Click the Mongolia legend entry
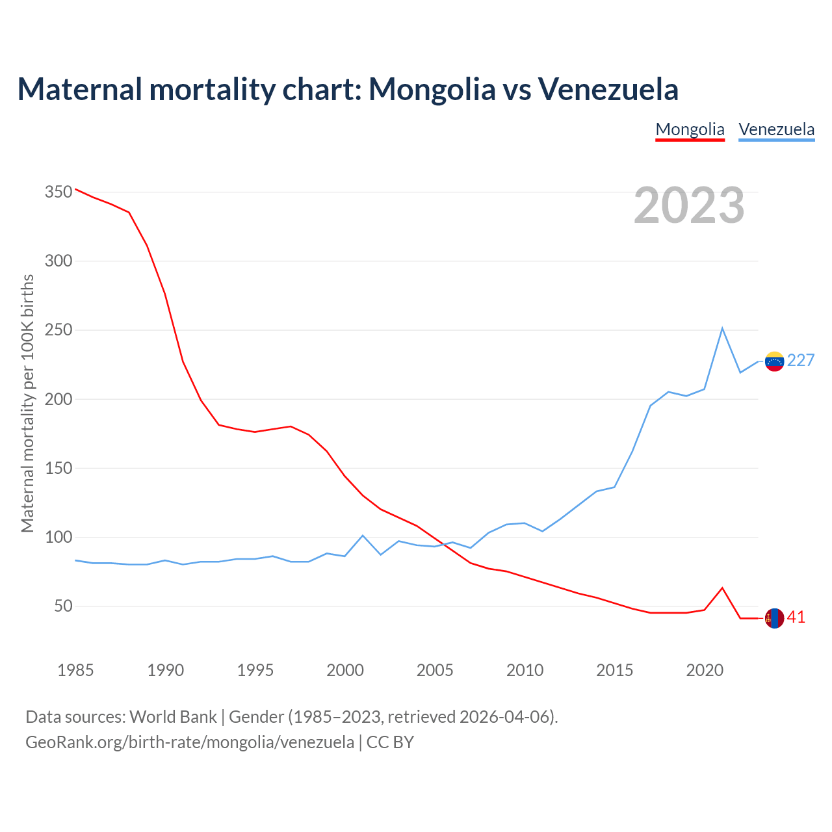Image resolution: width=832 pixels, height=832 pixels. pyautogui.click(x=690, y=129)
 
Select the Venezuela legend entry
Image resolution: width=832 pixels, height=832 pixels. pyautogui.click(x=776, y=129)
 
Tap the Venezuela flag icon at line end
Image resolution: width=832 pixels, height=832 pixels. pyautogui.click(x=774, y=361)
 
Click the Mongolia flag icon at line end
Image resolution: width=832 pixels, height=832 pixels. pyautogui.click(x=774, y=619)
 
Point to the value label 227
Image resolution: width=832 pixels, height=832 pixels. pyautogui.click(x=801, y=361)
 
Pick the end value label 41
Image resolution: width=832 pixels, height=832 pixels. pyautogui.click(x=796, y=617)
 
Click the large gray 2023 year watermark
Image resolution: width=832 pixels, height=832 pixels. pyautogui.click(x=689, y=205)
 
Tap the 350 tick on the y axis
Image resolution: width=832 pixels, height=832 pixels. pyautogui.click(x=58, y=192)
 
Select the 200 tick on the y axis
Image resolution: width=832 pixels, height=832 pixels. pyautogui.click(x=58, y=399)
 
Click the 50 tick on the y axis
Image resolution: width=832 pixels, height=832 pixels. pyautogui.click(x=62, y=606)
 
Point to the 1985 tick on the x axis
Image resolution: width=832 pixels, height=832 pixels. pyautogui.click(x=75, y=670)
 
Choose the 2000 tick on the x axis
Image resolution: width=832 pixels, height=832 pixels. pyautogui.click(x=345, y=670)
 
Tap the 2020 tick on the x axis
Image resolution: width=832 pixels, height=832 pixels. pyautogui.click(x=705, y=670)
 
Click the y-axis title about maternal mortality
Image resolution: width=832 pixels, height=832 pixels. pyautogui.click(x=27, y=403)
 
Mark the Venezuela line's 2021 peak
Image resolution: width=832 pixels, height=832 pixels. pyautogui.click(x=722, y=328)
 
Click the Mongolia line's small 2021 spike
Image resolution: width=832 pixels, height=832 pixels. pyautogui.click(x=722, y=588)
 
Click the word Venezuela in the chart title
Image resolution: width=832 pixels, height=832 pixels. pyautogui.click(x=608, y=89)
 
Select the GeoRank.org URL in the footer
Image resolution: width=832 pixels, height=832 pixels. pyautogui.click(x=190, y=742)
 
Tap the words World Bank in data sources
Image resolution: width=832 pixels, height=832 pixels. pyautogui.click(x=173, y=717)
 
